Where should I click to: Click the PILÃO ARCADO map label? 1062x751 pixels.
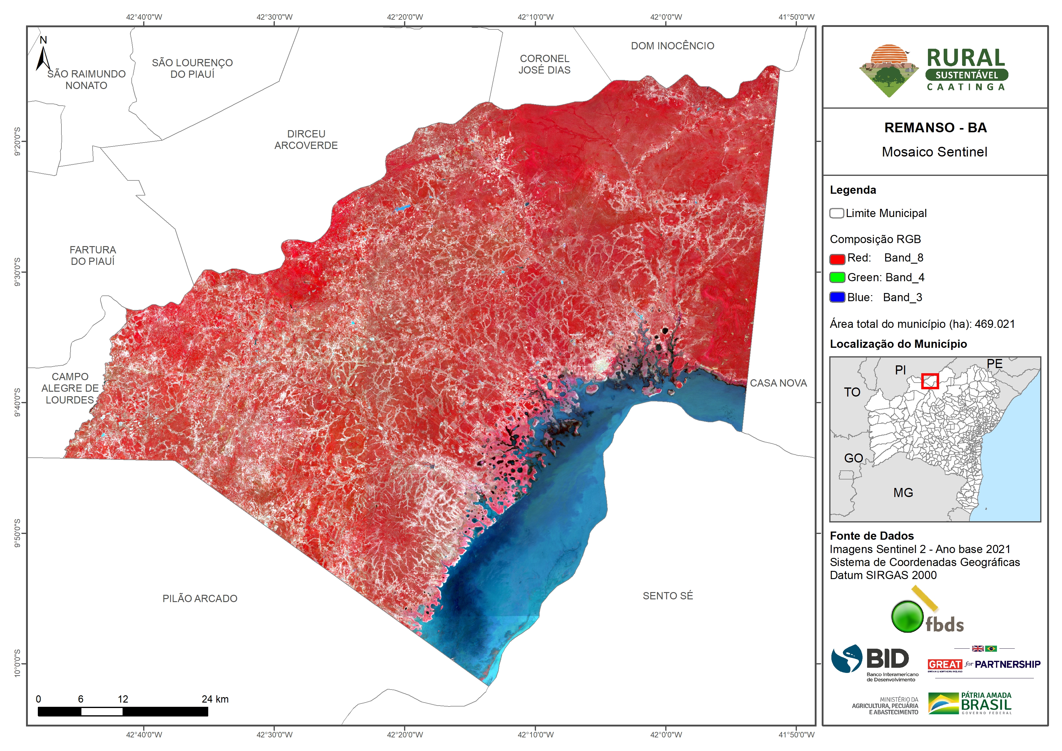pyautogui.click(x=200, y=598)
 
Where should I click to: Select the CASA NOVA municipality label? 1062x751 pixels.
pyautogui.click(x=778, y=383)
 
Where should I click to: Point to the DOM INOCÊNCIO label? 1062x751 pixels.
pyautogui.click(x=672, y=46)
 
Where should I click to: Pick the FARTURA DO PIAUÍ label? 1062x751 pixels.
pyautogui.click(x=93, y=255)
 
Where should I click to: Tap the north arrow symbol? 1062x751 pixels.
pyautogui.click(x=43, y=55)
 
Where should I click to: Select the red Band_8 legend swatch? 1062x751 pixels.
pyautogui.click(x=837, y=259)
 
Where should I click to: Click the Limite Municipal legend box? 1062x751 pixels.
pyautogui.click(x=836, y=213)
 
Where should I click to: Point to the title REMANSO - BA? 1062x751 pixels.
pyautogui.click(x=935, y=128)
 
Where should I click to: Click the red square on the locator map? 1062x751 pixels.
pyautogui.click(x=930, y=381)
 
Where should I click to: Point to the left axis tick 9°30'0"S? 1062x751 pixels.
pyautogui.click(x=17, y=272)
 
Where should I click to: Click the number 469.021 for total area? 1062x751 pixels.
pyautogui.click(x=995, y=324)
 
